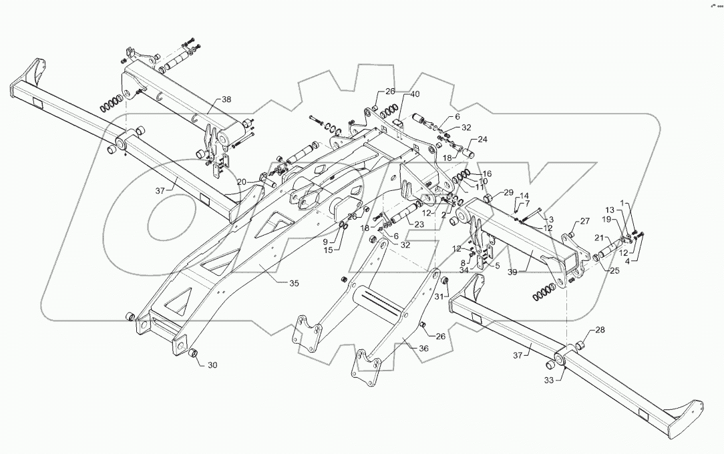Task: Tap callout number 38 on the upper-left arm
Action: (x=226, y=99)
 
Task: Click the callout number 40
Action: (x=415, y=93)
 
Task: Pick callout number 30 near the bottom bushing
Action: (x=212, y=365)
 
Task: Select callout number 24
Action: (x=482, y=140)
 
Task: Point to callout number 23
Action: (x=420, y=224)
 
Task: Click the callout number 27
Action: (x=585, y=222)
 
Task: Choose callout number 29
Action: (x=509, y=193)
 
